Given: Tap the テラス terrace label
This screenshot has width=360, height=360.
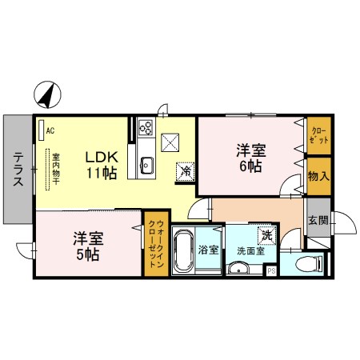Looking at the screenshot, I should pos(18,170).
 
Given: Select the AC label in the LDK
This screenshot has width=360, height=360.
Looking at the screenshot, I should pos(50,130).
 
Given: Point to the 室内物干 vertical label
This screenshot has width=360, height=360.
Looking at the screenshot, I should pos(56,169).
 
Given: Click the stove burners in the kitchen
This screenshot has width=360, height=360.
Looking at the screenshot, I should pos(146,126).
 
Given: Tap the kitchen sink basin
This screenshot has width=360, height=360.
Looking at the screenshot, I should pos(147,166).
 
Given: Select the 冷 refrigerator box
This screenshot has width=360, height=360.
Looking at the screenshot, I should pos(186,170).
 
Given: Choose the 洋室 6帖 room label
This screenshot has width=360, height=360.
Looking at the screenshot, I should pos(250,158).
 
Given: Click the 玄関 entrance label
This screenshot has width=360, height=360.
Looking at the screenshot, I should pos(317,221).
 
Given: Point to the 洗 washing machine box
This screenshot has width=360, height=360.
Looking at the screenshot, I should pos(265,237).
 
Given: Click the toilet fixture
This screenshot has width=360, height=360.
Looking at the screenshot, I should pos(307,263).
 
